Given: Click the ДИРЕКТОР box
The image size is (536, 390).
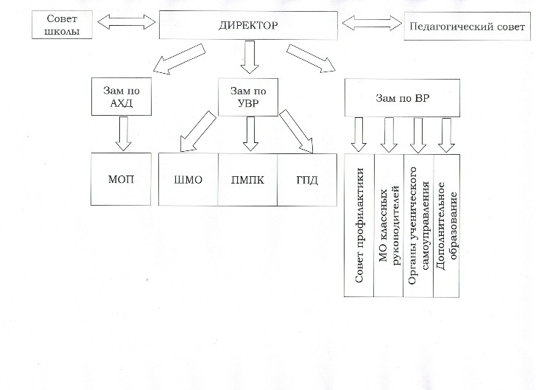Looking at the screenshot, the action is coord(248,25).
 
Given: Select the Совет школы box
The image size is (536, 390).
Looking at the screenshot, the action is coord(62,24).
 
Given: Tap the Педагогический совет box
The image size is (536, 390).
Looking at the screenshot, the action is coord(467,27).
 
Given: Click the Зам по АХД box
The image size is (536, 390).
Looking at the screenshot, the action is coord(121,97).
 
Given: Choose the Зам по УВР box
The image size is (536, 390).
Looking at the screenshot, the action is coord(248,97).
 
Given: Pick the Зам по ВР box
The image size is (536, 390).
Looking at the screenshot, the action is coord(402,98).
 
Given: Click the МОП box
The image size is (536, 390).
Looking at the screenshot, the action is coord(121,179).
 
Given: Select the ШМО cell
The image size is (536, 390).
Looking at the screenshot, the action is coord(188,179).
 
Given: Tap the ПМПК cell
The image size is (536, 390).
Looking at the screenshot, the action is coord(247,179).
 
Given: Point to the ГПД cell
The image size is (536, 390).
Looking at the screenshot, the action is coord(307,179).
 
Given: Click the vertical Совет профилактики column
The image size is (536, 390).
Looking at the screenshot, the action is coord(359,226).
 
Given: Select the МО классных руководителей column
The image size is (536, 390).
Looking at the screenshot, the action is coord(389,226).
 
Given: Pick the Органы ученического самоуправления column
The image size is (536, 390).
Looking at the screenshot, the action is coord(419,226).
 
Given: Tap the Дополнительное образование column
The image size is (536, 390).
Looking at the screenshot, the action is coord(447,226).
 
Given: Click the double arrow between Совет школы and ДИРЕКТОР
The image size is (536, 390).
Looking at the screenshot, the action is coord(126,22).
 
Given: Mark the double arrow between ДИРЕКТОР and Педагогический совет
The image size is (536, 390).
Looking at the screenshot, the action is coord(372,24).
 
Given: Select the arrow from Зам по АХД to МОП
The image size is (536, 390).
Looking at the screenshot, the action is coord(124,133).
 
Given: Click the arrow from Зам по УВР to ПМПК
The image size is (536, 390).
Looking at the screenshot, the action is coord(250,133).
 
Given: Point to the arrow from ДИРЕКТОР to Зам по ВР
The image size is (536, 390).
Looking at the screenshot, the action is coord(311,58).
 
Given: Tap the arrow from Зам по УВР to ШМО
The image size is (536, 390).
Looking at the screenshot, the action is coord(198,131).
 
